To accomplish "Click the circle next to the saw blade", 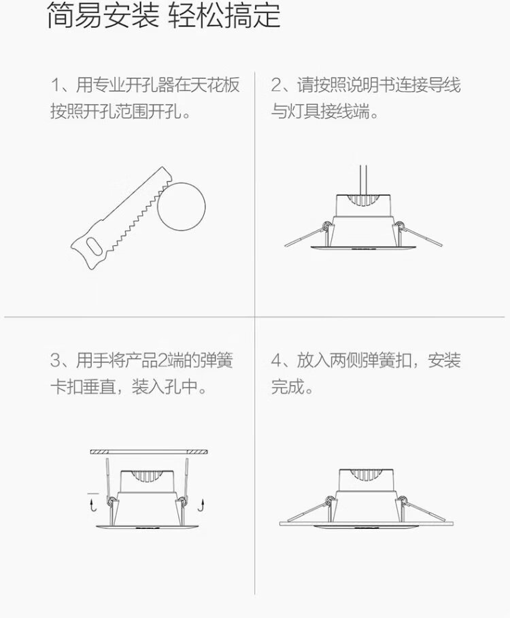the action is tap(182, 207).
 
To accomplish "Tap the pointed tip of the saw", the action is tap(162, 167).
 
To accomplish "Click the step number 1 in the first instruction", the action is tap(55, 85).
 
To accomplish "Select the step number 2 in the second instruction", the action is tap(275, 85).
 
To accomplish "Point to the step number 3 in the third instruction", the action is tap(55, 360).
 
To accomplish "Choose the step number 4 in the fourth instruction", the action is tap(276, 360).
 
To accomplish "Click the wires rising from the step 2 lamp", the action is tap(364, 181).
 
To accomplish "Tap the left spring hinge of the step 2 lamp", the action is tap(326, 226).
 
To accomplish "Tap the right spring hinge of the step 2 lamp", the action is tap(399, 226).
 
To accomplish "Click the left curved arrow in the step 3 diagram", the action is tap(93, 505).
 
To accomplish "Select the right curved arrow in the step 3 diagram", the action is tap(202, 505).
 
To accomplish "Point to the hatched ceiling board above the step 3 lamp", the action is tap(149, 451).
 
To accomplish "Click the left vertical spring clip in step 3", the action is tap(107, 478).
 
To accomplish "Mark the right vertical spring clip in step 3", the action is tap(186, 478).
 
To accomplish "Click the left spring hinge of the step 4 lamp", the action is tap(328, 501).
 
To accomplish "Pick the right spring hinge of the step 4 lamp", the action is tap(403, 501).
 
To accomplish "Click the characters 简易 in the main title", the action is tap(75, 16).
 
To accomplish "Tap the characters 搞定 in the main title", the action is tap(253, 16).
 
